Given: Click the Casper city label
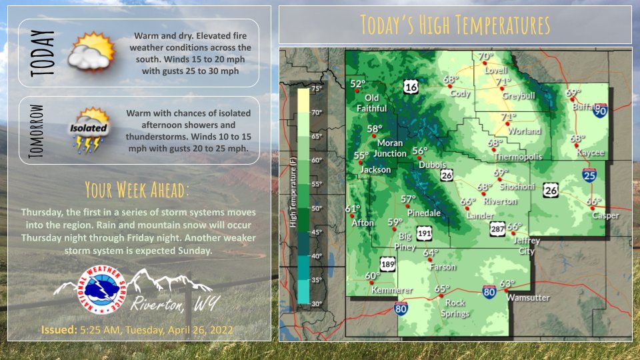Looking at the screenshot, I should tap(605, 215).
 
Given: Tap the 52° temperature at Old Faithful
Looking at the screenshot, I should tap(359, 84).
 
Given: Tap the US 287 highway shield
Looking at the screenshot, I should tap(497, 229).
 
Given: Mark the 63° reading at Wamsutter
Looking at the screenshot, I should tap(508, 284).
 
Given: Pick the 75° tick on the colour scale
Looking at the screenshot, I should tap(316, 89).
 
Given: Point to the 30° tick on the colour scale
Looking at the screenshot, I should tap(316, 304).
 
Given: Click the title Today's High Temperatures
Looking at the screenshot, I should tap(455, 25).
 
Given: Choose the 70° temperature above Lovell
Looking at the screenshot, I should tap(485, 57).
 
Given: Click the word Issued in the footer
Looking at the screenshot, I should tap(57, 329).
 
